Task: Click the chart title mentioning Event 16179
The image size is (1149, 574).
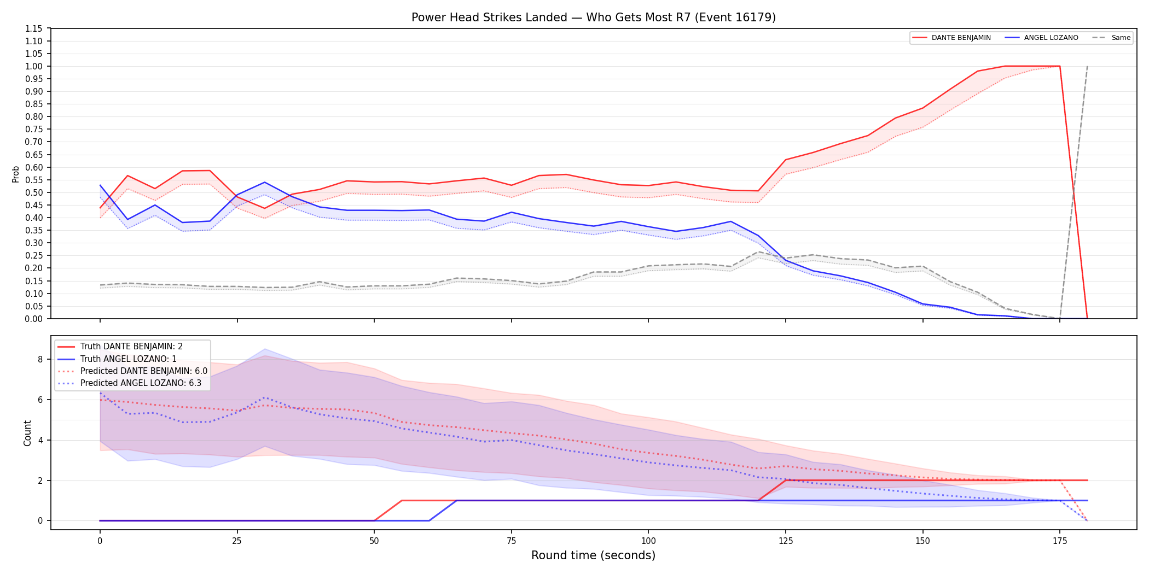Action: [x=594, y=17]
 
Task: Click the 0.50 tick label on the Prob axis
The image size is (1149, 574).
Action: [x=34, y=192]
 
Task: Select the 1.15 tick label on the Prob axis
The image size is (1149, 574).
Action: [x=34, y=28]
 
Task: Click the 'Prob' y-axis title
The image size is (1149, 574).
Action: [x=16, y=174]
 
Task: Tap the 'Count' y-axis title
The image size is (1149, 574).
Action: [x=27, y=433]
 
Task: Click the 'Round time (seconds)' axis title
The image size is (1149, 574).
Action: [x=594, y=555]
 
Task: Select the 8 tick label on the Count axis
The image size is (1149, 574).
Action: [x=40, y=359]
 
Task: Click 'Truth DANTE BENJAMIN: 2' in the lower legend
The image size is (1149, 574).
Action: [x=131, y=347]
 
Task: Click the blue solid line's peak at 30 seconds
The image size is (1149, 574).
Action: [x=264, y=182]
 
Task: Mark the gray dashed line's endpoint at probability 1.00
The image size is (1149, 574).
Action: [x=1087, y=66]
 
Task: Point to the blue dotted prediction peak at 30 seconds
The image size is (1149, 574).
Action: [x=264, y=397]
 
